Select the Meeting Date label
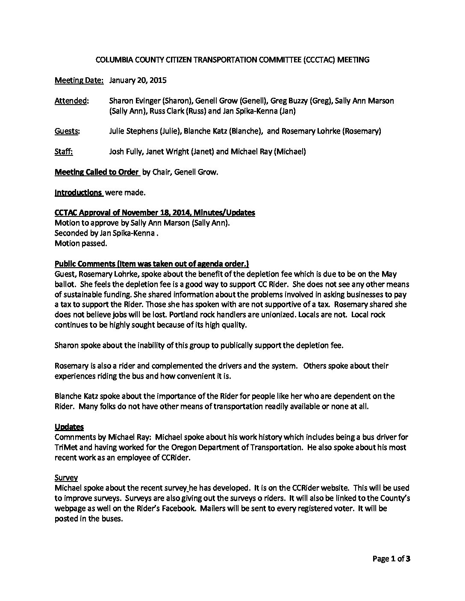pos(79,80)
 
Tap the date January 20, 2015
pos(138,80)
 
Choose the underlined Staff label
pos(64,152)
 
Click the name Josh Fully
pos(125,152)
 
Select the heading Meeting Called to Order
pos(97,172)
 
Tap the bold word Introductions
pos(79,193)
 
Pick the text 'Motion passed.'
pos(81,243)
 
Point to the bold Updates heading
pos(69,427)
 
